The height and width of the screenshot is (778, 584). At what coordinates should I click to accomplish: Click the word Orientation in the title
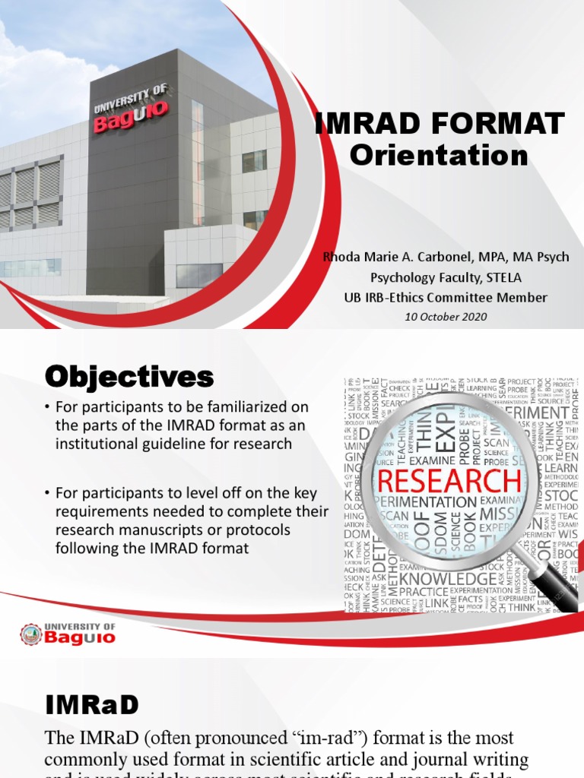click(438, 155)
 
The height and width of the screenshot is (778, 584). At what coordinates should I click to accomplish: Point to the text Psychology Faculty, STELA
click(446, 277)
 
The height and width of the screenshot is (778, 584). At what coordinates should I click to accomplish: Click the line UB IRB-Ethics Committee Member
click(446, 297)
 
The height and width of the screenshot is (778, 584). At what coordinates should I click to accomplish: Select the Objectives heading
click(129, 376)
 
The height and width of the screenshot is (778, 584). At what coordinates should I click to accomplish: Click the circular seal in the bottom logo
click(31, 634)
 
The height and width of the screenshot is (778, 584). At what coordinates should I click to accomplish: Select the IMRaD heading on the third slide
click(92, 705)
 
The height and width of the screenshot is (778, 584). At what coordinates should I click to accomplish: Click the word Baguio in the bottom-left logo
click(80, 638)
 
